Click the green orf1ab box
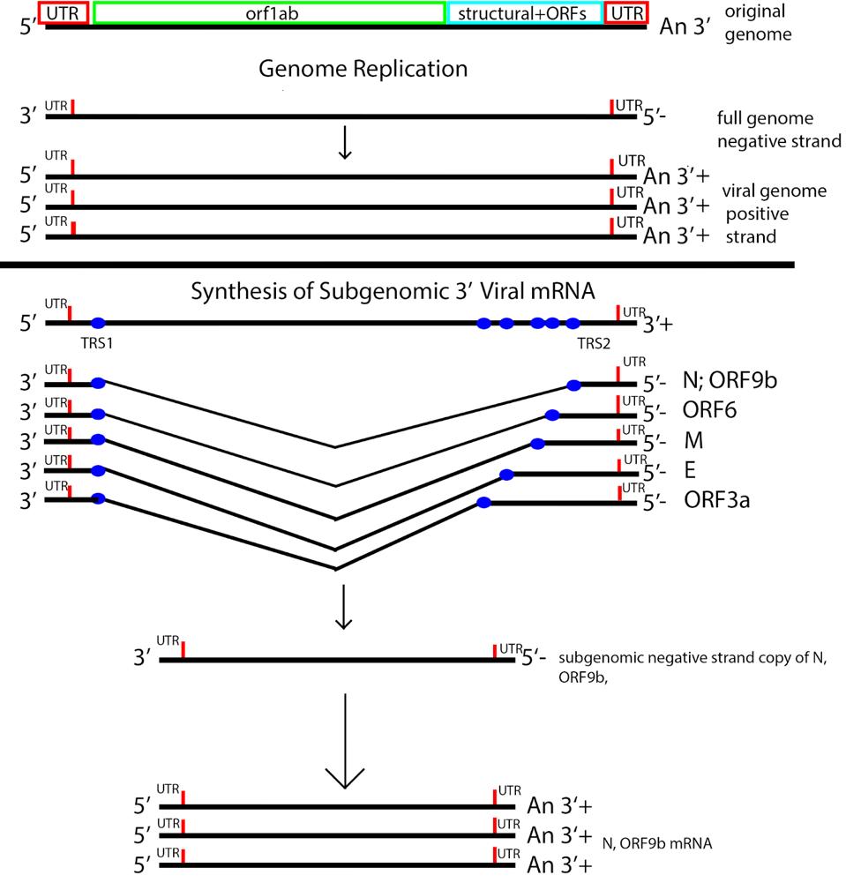(x=268, y=13)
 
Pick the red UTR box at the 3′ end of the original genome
(x=628, y=13)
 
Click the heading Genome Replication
(x=363, y=69)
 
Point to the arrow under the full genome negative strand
(x=345, y=145)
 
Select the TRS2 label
(x=594, y=342)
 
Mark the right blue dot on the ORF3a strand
(x=483, y=503)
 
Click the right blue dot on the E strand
(x=506, y=475)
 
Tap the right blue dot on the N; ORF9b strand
(x=573, y=385)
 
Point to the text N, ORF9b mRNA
(x=657, y=843)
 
